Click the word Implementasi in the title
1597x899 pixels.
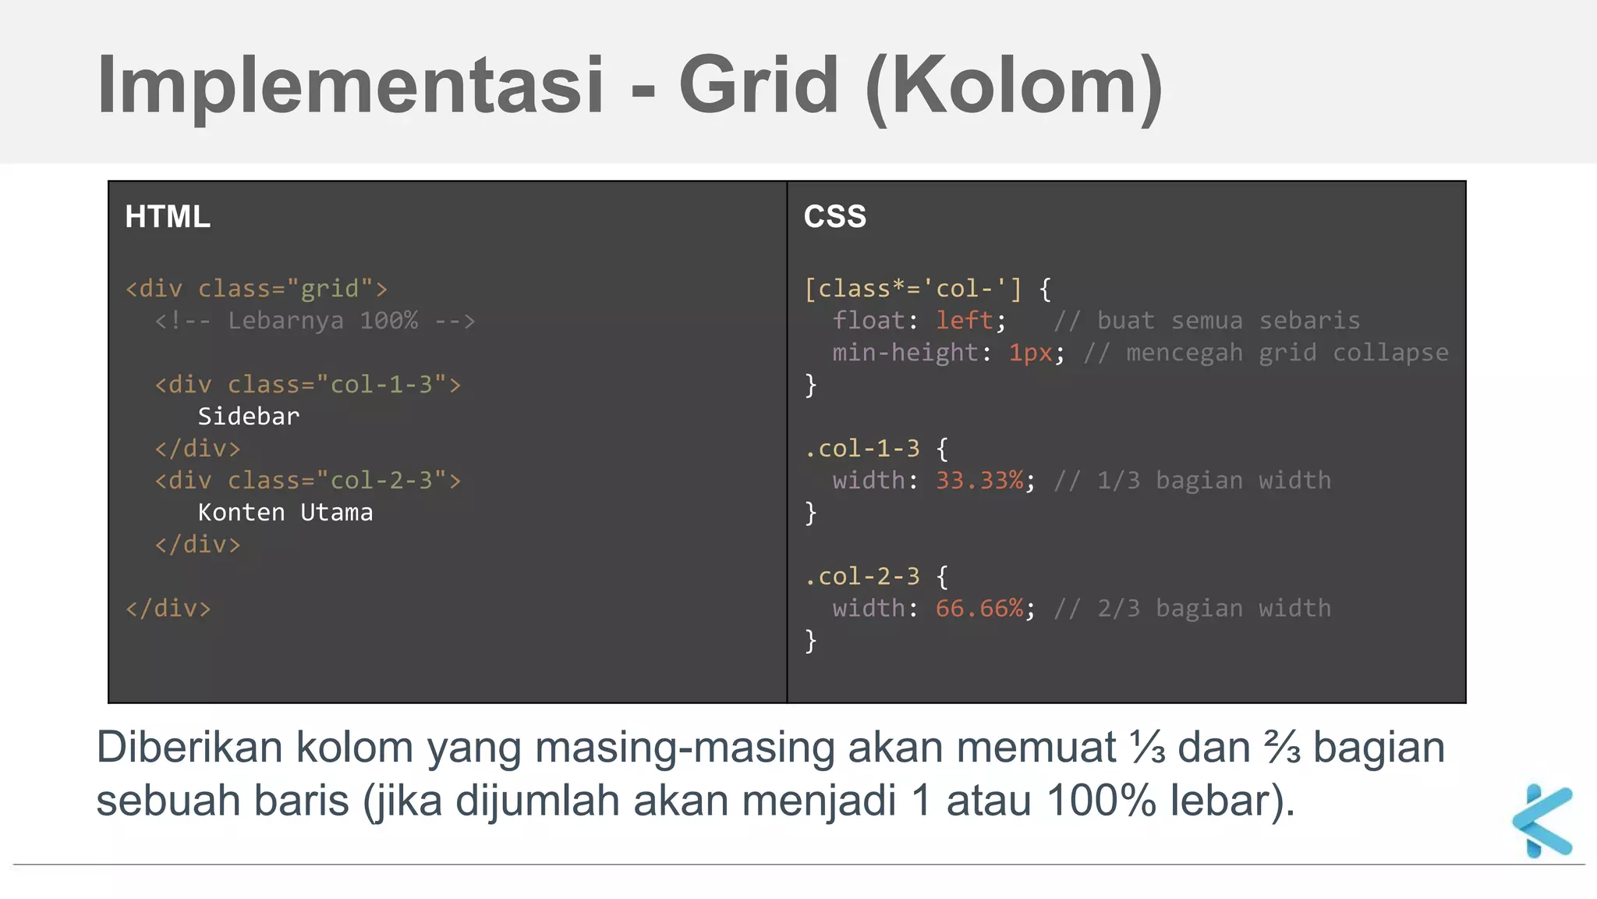(x=350, y=86)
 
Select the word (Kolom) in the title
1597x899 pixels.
(x=1015, y=86)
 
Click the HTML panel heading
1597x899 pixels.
(x=168, y=217)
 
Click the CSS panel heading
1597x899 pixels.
(x=834, y=217)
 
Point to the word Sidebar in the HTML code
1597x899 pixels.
(x=248, y=417)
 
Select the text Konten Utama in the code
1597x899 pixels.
(x=285, y=513)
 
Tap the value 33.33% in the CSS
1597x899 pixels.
(x=980, y=481)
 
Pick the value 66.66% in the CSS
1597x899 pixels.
(x=980, y=609)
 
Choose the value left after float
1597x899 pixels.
(x=965, y=321)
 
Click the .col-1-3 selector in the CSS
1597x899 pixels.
(x=862, y=449)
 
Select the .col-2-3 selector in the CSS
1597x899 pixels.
(x=862, y=577)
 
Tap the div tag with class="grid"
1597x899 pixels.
(x=257, y=289)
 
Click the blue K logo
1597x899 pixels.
(x=1542, y=820)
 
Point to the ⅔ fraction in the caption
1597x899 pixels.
(x=1281, y=748)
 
